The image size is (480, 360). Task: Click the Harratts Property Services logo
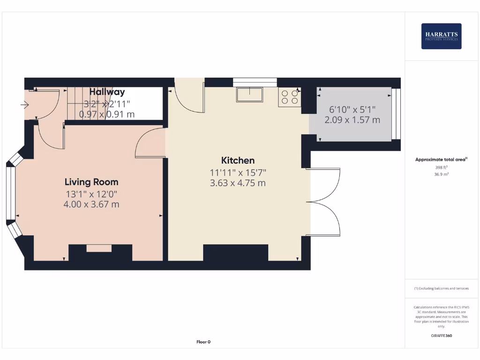coord(441,36)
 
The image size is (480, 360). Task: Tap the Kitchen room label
coord(238,160)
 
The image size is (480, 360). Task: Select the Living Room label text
coord(91,182)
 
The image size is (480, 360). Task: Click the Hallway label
coord(107,92)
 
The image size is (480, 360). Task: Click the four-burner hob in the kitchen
coord(289,97)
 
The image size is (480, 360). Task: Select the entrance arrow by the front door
coord(25,105)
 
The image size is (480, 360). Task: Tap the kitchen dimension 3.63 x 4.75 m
coord(238,183)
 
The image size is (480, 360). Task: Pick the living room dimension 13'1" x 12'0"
coord(91,194)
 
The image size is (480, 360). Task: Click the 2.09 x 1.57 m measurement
coord(352,120)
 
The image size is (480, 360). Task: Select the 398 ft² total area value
coord(441,167)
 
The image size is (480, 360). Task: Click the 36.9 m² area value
coord(441,174)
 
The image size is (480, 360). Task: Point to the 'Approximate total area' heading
coord(441,160)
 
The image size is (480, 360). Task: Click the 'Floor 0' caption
coord(203,342)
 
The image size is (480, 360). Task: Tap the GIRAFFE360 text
coord(441,336)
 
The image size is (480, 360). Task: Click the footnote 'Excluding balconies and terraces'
coord(441,288)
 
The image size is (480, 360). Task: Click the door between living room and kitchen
coord(150,143)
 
